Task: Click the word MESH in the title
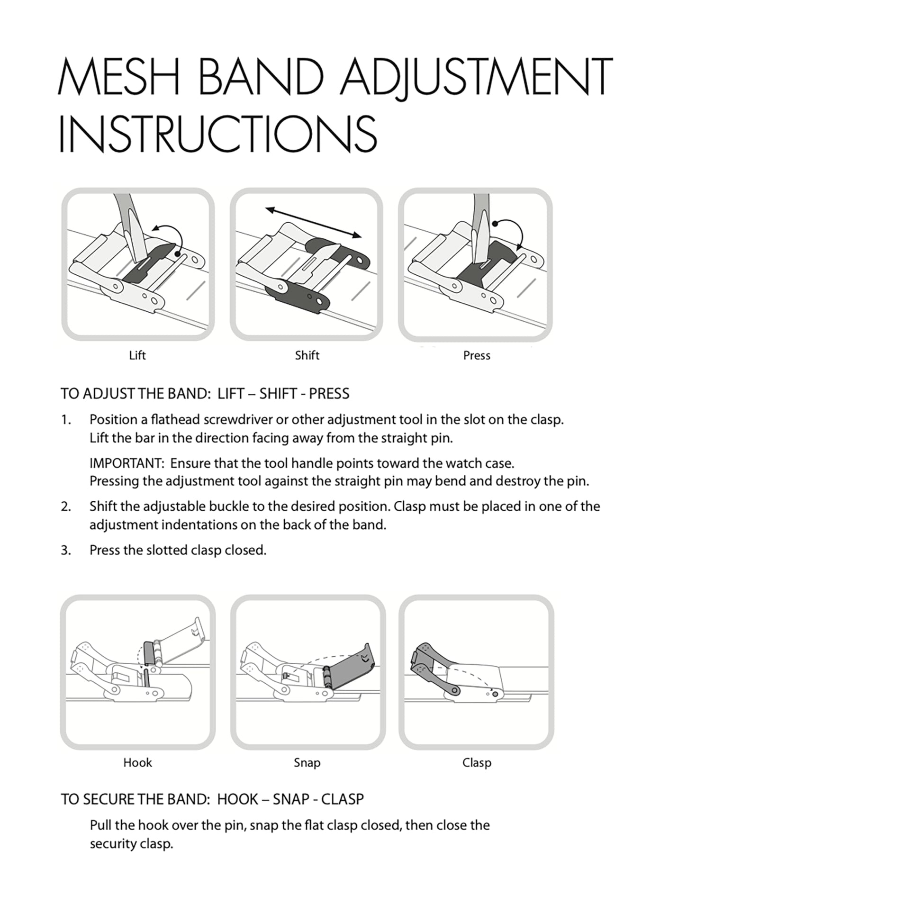click(x=119, y=77)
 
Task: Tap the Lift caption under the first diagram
click(x=137, y=355)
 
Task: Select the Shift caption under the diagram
click(x=307, y=355)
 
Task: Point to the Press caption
click(x=477, y=355)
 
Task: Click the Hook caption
click(x=137, y=763)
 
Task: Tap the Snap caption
click(x=307, y=763)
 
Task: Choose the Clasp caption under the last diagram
click(x=477, y=763)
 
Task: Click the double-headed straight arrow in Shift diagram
click(x=314, y=222)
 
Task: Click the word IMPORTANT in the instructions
click(x=126, y=463)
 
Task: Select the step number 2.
click(x=66, y=507)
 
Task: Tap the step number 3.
click(x=66, y=551)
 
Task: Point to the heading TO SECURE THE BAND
click(x=135, y=799)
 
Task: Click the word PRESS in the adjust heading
click(x=329, y=394)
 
